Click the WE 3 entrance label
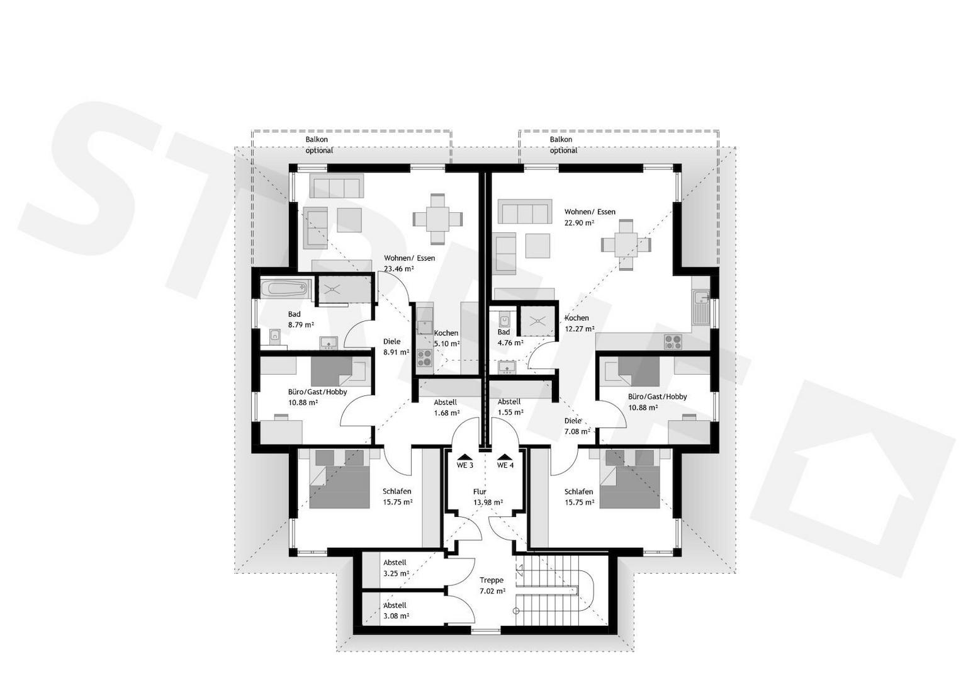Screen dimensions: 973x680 464,465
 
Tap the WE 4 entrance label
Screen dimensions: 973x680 505,465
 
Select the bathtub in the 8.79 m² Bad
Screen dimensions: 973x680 286,289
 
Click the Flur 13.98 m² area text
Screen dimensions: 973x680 488,497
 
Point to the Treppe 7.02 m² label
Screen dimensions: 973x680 492,586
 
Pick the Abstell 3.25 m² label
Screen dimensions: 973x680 396,568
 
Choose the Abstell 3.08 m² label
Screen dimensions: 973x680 396,611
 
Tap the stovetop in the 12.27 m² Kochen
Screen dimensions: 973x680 673,341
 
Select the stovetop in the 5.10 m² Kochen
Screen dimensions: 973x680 424,358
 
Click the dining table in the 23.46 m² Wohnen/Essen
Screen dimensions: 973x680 437,219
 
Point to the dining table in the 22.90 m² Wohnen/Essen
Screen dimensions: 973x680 626,245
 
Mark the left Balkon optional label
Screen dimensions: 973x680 319,145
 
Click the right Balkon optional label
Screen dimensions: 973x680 563,145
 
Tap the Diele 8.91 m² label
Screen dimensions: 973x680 396,347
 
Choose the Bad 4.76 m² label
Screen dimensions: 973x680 510,337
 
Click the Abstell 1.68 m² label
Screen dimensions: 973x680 447,408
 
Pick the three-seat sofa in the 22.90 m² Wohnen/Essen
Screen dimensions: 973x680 525,212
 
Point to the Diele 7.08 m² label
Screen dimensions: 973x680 577,426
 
